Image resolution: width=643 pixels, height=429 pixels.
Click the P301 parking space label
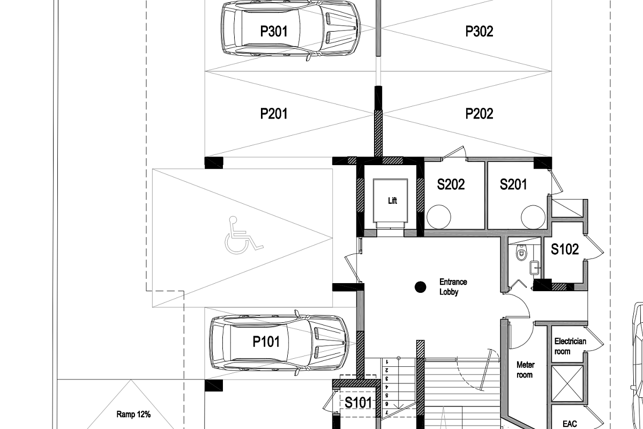(274, 31)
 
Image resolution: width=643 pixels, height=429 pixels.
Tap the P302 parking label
(479, 31)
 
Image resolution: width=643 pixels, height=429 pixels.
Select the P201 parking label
(274, 114)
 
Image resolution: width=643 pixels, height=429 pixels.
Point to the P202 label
(479, 114)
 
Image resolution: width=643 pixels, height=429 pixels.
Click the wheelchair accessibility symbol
(243, 235)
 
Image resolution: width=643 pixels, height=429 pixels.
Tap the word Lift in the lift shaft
(392, 201)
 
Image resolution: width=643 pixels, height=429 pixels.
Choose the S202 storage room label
(451, 184)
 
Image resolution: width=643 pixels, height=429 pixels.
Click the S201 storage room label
(513, 184)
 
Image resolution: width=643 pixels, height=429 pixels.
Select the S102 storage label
(565, 249)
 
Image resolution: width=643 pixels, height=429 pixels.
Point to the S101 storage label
(358, 402)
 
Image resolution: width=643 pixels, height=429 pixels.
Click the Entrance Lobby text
(453, 287)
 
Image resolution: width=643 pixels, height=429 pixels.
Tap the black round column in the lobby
(421, 287)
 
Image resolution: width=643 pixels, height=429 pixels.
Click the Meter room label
(525, 370)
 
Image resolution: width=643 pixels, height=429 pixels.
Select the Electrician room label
(570, 346)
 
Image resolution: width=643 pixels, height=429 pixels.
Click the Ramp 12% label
(133, 415)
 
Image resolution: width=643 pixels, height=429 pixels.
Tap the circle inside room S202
(439, 217)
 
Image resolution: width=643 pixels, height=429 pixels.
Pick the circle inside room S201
(533, 217)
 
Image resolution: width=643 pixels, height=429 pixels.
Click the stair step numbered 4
(387, 387)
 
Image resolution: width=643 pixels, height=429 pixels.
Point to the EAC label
(570, 424)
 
